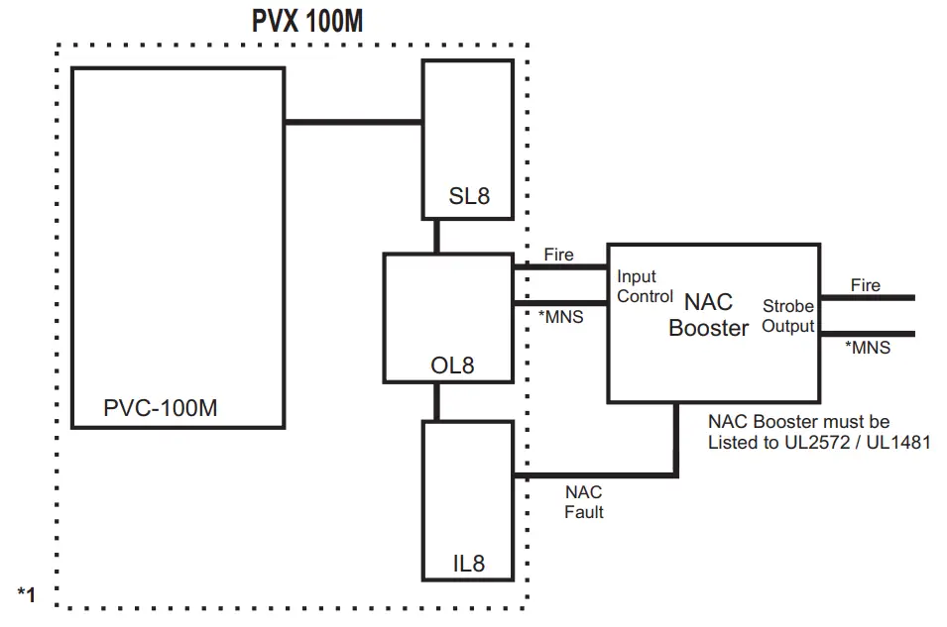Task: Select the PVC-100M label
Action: tap(160, 408)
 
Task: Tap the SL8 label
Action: tap(469, 196)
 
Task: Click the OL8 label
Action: tap(452, 366)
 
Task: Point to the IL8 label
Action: tap(468, 564)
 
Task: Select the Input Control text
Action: tap(645, 286)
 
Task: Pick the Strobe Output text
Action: tap(787, 316)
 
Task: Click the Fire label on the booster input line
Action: tap(558, 255)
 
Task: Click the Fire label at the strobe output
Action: tap(865, 285)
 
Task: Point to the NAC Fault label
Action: tap(583, 502)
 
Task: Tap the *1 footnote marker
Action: tap(26, 593)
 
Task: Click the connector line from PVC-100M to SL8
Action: tap(353, 123)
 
